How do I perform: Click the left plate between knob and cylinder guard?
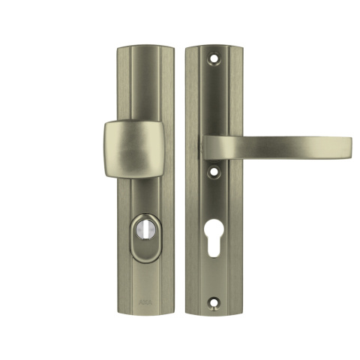[x=145, y=195]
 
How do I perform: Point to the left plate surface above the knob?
[x=145, y=82]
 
